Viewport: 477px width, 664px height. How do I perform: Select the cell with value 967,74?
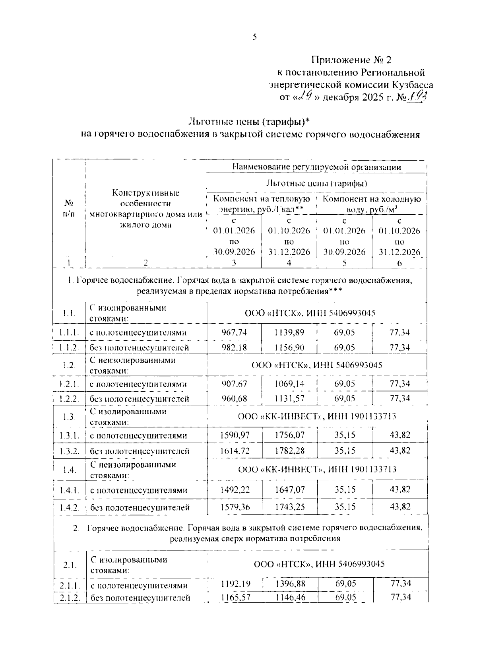pyautogui.click(x=234, y=332)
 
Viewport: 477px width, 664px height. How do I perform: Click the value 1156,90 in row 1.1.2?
pyautogui.click(x=289, y=348)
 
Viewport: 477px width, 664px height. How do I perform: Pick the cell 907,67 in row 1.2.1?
pyautogui.click(x=234, y=384)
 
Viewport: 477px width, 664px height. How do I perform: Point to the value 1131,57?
pyautogui.click(x=289, y=398)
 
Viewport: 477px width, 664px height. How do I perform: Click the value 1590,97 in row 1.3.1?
pyautogui.click(x=235, y=435)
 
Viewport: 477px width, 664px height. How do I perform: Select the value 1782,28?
pyautogui.click(x=289, y=451)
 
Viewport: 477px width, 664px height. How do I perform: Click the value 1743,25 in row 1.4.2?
pyautogui.click(x=289, y=507)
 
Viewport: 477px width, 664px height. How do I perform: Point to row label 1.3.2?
pyautogui.click(x=70, y=451)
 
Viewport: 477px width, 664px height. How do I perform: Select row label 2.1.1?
pyautogui.click(x=70, y=585)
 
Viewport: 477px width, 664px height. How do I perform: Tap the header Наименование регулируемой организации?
pyautogui.click(x=316, y=167)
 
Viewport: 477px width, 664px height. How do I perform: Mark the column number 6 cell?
pyautogui.click(x=399, y=263)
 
